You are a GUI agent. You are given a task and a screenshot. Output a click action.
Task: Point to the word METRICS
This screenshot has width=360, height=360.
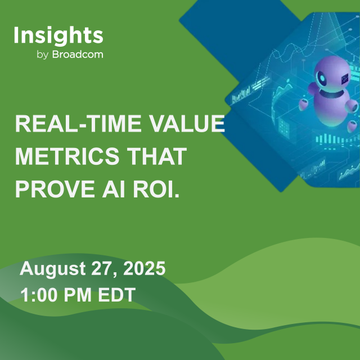pyautogui.click(x=62, y=157)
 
